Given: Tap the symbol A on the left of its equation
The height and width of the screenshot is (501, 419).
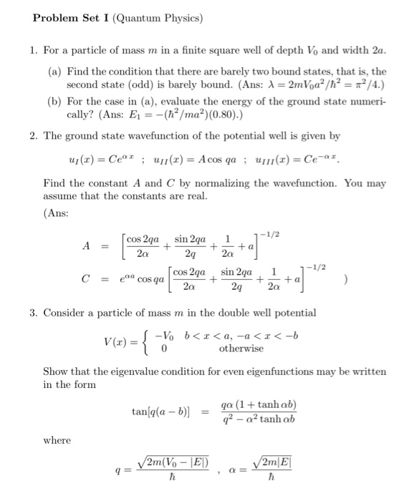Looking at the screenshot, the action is point(86,244).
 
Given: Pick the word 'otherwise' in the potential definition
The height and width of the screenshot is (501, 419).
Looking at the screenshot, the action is point(241,349).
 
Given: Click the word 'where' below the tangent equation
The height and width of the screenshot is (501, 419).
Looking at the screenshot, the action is point(57,440).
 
